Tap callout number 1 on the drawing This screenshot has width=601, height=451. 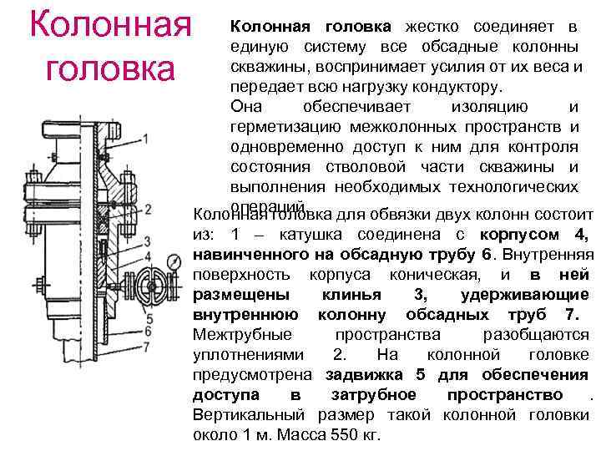coord(147,139)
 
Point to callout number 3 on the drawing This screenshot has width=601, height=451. coord(148,242)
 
